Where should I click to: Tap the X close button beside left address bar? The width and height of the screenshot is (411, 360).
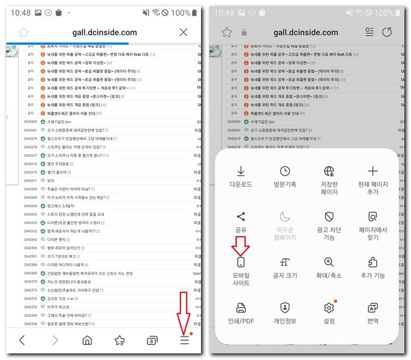[184, 32]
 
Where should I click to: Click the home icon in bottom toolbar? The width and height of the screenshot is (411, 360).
[87, 340]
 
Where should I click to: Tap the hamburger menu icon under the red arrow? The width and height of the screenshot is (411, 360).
[185, 340]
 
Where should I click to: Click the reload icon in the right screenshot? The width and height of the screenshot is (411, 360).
[387, 32]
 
